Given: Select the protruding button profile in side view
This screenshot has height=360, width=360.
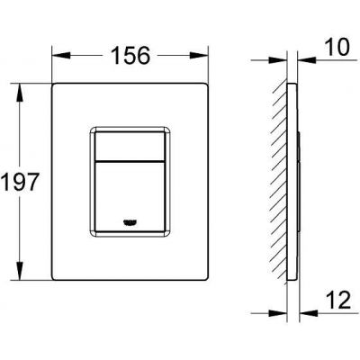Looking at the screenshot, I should click(x=296, y=180).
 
